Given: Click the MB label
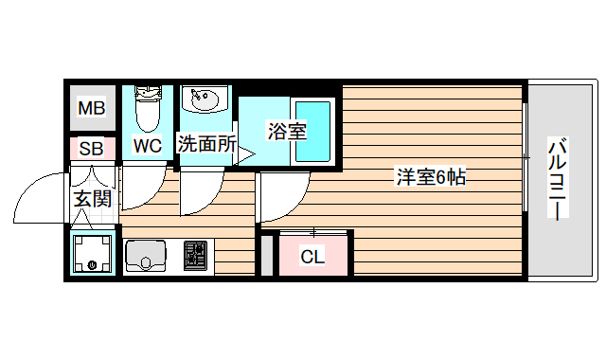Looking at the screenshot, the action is (92, 109).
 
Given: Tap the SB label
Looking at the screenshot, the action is (92, 148).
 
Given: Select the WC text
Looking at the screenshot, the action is (147, 146).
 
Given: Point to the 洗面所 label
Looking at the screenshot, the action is (206, 145).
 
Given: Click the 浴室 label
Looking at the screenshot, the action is (287, 131).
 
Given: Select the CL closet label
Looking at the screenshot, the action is (312, 257).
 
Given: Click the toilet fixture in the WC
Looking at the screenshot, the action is (147, 109).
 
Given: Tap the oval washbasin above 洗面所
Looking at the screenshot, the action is (203, 99).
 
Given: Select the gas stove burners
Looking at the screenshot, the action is (196, 254).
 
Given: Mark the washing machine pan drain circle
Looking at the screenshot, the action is (92, 265).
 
